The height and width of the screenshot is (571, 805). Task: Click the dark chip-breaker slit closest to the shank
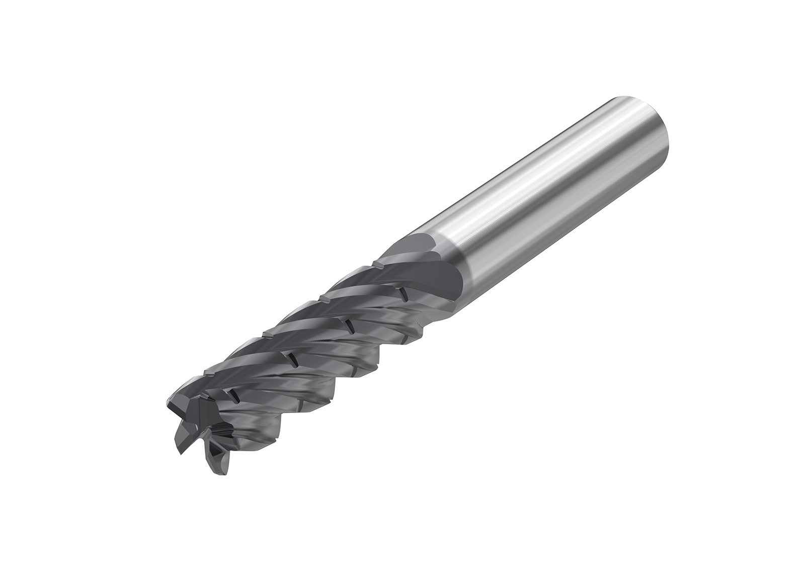[403, 293]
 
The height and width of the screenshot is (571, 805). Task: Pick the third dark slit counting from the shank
[291, 359]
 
